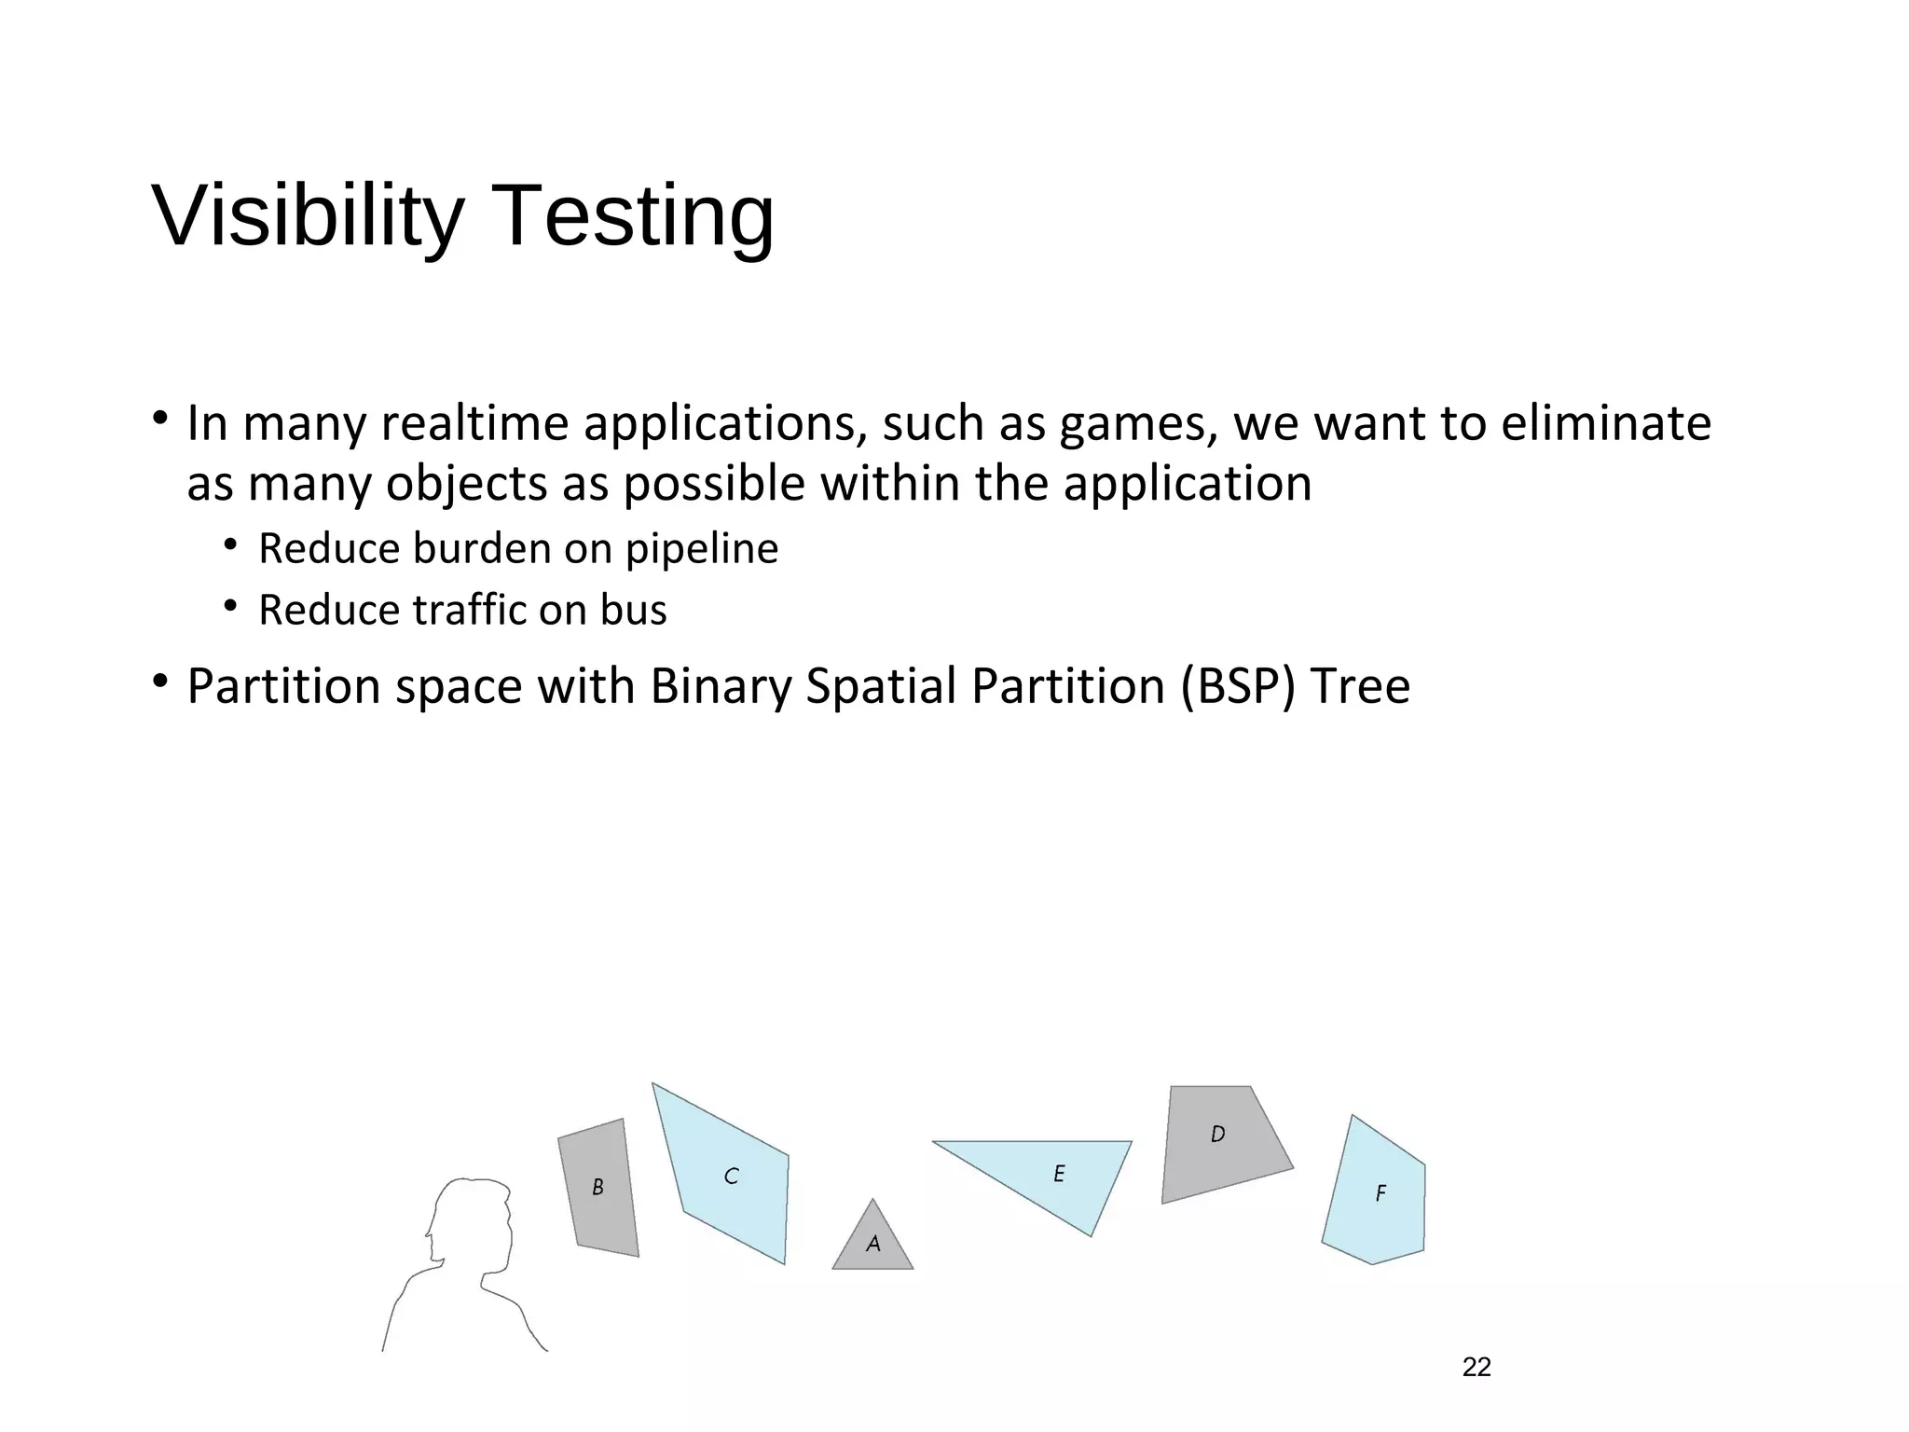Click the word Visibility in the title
coord(308,216)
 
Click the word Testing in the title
coord(638,216)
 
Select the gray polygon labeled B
coord(598,1188)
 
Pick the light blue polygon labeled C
coord(732,1177)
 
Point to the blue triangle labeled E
coord(1058,1174)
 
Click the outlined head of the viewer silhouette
coord(471,1221)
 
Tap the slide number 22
coord(1476,1367)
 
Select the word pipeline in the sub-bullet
coord(701,549)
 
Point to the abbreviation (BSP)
coord(1238,687)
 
